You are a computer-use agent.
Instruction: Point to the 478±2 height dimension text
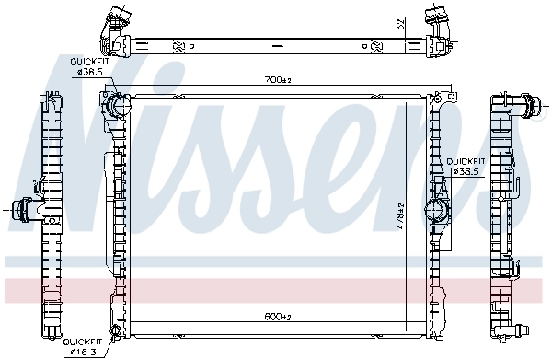(x=400, y=218)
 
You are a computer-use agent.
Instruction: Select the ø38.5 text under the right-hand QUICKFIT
(x=463, y=171)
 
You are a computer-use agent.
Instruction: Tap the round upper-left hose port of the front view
(x=116, y=106)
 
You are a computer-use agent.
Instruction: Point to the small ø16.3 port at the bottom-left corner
(x=115, y=330)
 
